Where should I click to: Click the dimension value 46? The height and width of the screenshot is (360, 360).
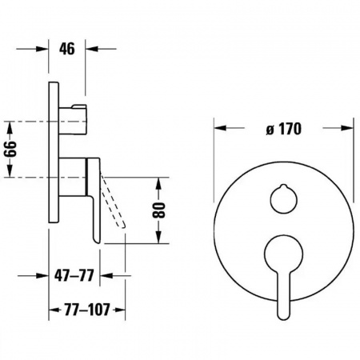tap(67, 49)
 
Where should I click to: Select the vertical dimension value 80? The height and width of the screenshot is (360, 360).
tap(159, 210)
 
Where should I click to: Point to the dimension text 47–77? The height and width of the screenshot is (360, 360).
tap(74, 275)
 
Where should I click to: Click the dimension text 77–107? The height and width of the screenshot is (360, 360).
tap(87, 310)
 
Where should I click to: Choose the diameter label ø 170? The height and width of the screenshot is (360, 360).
tap(284, 129)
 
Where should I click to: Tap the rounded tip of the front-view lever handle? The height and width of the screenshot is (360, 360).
tap(283, 318)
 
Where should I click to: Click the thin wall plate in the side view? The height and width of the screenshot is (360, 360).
tap(54, 152)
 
